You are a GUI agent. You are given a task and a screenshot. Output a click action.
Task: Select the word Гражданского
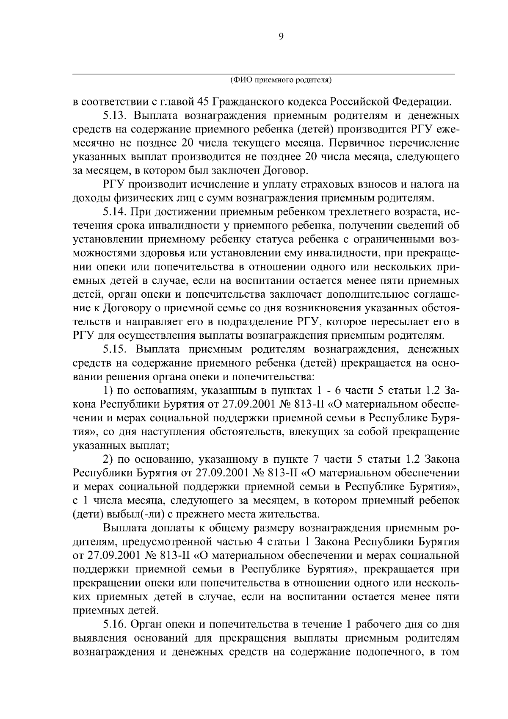point(247,102)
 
